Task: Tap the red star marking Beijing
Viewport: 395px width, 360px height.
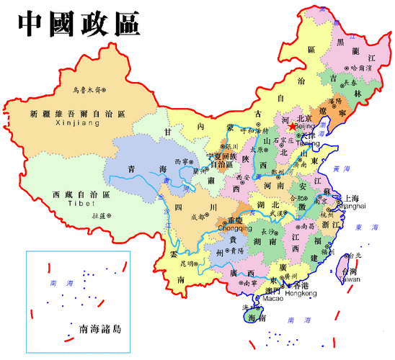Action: [x=291, y=126]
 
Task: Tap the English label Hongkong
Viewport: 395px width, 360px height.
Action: [x=301, y=294]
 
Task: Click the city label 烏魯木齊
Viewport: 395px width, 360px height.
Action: [x=87, y=90]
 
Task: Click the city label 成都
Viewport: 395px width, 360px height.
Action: [x=197, y=215]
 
